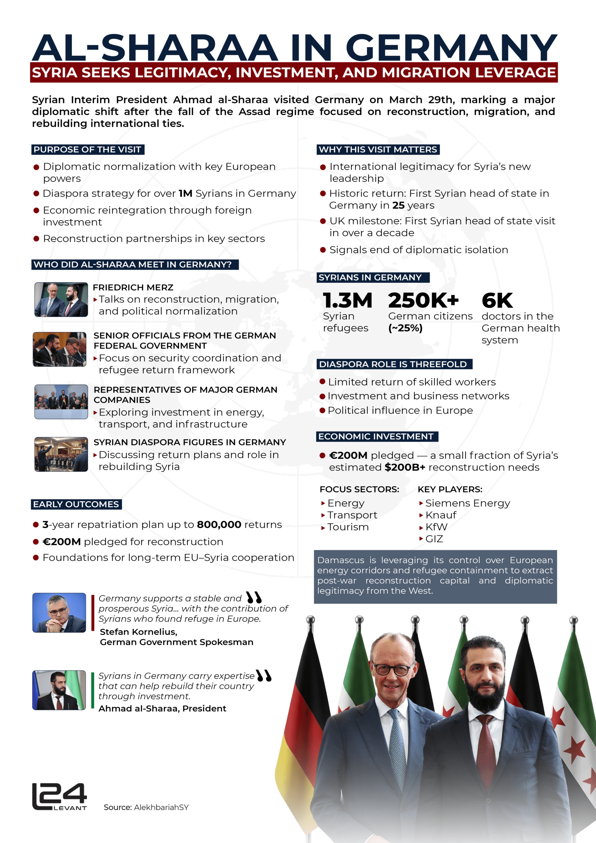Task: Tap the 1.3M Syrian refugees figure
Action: (347, 300)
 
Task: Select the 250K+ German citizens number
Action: (423, 300)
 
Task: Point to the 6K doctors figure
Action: (497, 300)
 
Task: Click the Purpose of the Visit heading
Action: (87, 150)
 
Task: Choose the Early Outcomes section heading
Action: (76, 504)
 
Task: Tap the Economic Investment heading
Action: (376, 437)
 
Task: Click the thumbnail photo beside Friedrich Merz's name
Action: (61, 300)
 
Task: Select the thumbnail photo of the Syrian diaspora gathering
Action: (61, 454)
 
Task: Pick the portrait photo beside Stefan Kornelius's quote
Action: (59, 612)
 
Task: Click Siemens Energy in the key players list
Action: (468, 503)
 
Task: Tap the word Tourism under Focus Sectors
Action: (348, 527)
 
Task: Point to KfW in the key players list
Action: (436, 527)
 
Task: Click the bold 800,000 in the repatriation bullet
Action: (219, 524)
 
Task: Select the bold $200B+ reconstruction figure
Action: (405, 467)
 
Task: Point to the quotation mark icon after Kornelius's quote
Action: (254, 597)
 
